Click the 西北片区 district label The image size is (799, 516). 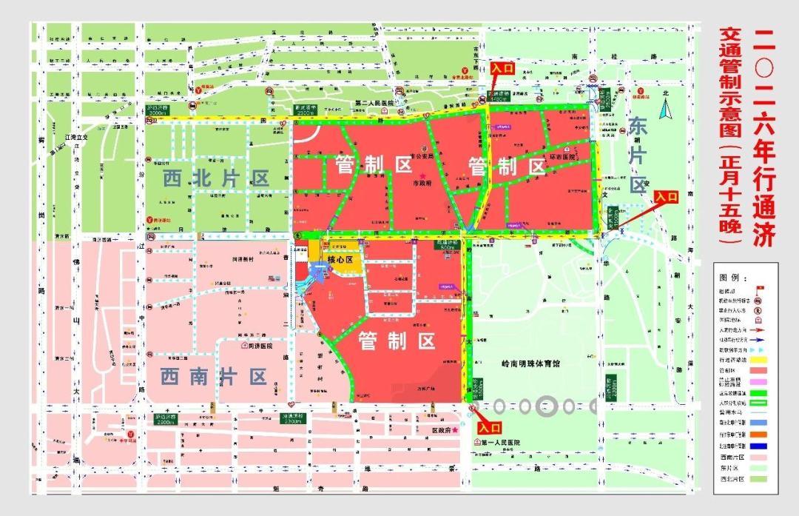pyautogui.click(x=216, y=178)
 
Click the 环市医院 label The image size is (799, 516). pyautogui.click(x=563, y=158)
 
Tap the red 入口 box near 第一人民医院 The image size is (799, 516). pyautogui.click(x=489, y=427)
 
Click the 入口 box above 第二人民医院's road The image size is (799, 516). pyautogui.click(x=502, y=67)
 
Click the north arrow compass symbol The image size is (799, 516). pyautogui.click(x=665, y=110)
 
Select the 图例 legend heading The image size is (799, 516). pyautogui.click(x=731, y=277)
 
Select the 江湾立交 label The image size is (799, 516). pyautogui.click(x=76, y=137)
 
